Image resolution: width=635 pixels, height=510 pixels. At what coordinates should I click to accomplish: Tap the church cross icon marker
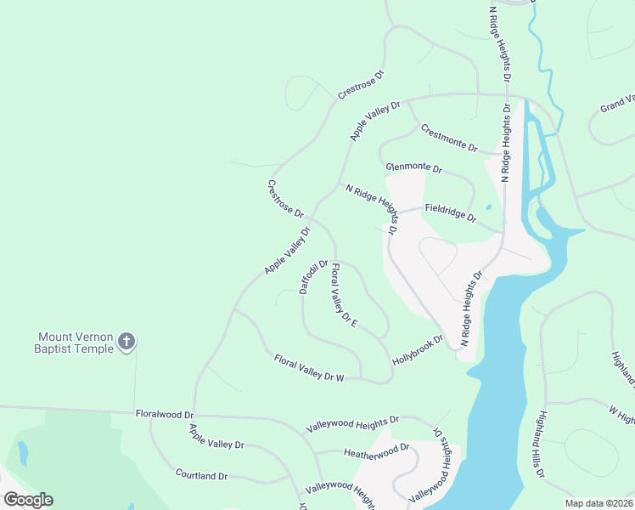click(126, 342)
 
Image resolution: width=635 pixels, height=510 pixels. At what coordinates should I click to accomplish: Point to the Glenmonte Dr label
click(413, 168)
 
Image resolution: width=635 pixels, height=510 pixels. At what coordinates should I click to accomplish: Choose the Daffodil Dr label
click(313, 277)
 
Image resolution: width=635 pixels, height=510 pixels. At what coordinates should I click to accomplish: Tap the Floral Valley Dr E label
click(344, 296)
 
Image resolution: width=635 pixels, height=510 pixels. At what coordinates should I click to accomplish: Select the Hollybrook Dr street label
click(418, 350)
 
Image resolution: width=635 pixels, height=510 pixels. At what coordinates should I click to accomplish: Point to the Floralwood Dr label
click(165, 414)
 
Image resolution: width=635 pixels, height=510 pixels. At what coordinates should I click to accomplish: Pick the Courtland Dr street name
click(203, 473)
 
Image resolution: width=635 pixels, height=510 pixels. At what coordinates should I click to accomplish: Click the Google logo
click(28, 500)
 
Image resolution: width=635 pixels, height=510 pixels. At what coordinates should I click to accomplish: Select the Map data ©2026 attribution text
click(598, 503)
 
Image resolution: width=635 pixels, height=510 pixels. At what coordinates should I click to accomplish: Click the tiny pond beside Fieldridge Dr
click(488, 207)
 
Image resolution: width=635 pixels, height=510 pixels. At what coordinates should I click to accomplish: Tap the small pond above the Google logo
click(22, 453)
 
